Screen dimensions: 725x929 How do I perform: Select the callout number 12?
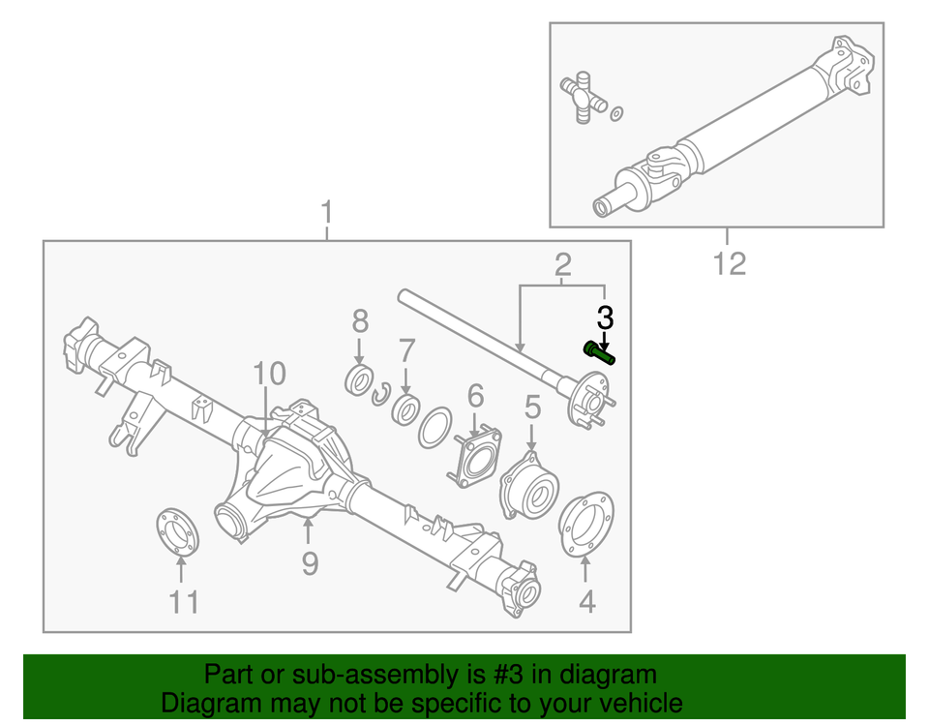[730, 263]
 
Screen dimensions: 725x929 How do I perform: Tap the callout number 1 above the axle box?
[327, 212]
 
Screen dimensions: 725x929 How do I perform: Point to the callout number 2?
[562, 263]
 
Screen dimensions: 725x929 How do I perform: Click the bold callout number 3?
[605, 317]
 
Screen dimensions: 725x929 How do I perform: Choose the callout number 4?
[587, 602]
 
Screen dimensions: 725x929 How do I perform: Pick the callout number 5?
[531, 408]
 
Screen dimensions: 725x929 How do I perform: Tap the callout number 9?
[309, 561]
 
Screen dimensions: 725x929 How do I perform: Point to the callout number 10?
[270, 374]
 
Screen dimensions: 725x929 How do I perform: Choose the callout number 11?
[184, 602]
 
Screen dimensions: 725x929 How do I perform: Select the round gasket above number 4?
[586, 526]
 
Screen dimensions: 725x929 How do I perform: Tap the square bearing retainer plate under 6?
[475, 459]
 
